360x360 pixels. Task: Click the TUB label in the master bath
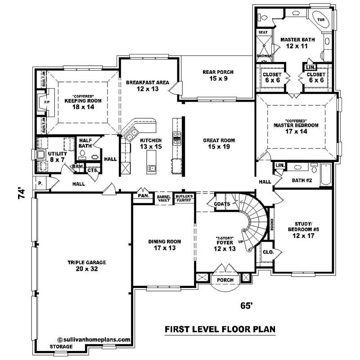(321, 20)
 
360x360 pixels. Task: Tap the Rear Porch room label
(218, 75)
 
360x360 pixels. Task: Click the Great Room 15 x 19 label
(219, 144)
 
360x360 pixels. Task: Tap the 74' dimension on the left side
(20, 195)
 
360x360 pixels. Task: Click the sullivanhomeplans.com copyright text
(94, 340)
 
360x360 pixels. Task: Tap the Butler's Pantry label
(184, 198)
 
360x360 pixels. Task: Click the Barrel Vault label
(163, 198)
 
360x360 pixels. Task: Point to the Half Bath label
(85, 143)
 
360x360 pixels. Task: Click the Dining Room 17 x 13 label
(164, 245)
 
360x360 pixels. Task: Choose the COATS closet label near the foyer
(222, 204)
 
